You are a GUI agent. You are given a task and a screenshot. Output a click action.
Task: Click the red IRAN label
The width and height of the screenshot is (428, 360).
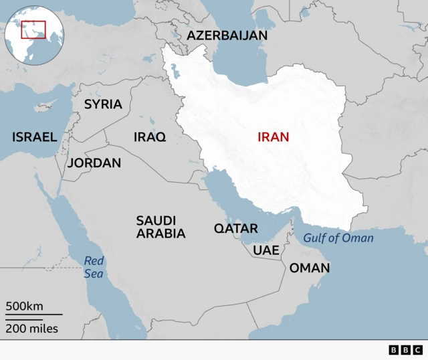pyautogui.click(x=274, y=137)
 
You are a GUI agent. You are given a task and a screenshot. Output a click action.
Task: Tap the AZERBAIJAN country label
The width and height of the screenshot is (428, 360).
pyautogui.click(x=227, y=35)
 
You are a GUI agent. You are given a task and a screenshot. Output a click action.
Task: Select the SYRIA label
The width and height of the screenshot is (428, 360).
pyautogui.click(x=103, y=104)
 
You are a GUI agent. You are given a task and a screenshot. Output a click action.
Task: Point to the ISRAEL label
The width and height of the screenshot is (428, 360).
pyautogui.click(x=34, y=137)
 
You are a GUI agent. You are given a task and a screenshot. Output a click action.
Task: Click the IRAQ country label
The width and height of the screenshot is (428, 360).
pyautogui.click(x=150, y=137)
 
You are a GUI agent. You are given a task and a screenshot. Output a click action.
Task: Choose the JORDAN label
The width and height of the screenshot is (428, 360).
pyautogui.click(x=94, y=163)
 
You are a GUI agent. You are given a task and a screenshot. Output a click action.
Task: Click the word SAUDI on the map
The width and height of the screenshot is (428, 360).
pyautogui.click(x=156, y=220)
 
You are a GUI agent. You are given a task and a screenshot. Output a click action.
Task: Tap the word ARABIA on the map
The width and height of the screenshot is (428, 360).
pyautogui.click(x=161, y=234)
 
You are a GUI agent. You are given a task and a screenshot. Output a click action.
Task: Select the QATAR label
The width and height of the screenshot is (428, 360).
pyautogui.click(x=235, y=229)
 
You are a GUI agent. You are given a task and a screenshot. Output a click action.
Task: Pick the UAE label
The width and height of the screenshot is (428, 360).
pyautogui.click(x=265, y=250)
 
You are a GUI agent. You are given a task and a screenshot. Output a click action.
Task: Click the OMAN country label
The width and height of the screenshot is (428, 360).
pyautogui.click(x=309, y=268)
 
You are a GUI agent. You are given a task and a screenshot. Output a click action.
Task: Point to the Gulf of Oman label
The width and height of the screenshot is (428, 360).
pyautogui.click(x=338, y=238)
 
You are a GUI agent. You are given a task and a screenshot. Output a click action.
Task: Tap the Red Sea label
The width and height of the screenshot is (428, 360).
pyautogui.click(x=94, y=268)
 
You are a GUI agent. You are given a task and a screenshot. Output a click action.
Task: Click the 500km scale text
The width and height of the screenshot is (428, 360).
pyautogui.click(x=25, y=306)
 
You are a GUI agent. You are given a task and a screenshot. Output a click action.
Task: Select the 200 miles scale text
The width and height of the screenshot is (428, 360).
pyautogui.click(x=32, y=329)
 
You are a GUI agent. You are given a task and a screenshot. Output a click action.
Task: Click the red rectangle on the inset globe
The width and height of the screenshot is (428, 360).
pyautogui.click(x=33, y=30)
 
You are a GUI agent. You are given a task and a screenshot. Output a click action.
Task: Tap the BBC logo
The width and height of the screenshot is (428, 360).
pyautogui.click(x=405, y=350)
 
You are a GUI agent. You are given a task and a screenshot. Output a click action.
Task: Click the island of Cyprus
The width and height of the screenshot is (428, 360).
pyautogui.click(x=46, y=106)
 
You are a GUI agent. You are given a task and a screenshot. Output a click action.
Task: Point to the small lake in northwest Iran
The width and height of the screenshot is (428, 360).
pyautogui.click(x=175, y=70)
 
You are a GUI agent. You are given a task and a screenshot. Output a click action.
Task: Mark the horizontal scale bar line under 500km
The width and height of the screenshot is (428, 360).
pyautogui.click(x=33, y=314)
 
